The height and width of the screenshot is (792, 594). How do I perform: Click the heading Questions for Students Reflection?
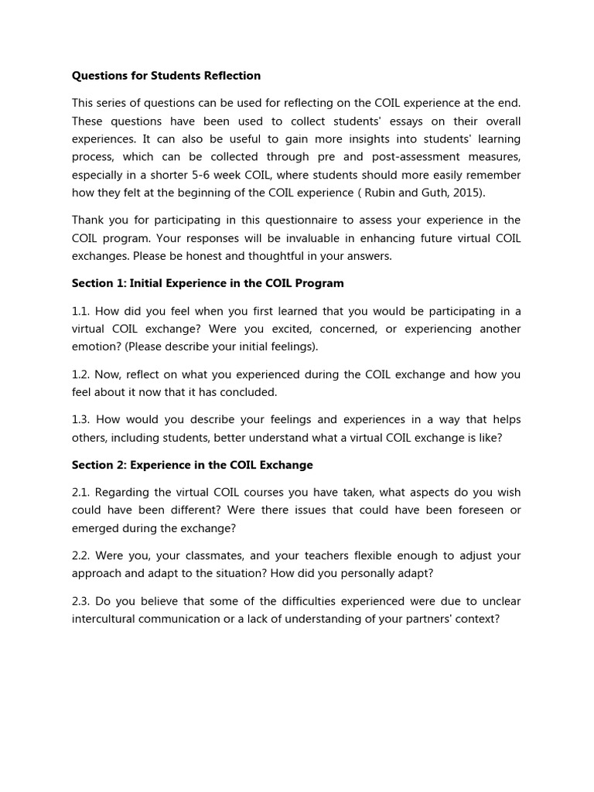click(x=166, y=76)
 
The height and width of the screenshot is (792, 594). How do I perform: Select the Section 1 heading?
click(x=208, y=283)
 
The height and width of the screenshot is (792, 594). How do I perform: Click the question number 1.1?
click(x=81, y=311)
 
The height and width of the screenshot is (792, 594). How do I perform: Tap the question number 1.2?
click(x=81, y=374)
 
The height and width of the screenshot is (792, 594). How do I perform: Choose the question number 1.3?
click(x=81, y=419)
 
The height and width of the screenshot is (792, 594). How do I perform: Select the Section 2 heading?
click(x=193, y=465)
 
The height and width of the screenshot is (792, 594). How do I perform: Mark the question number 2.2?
click(x=81, y=555)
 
